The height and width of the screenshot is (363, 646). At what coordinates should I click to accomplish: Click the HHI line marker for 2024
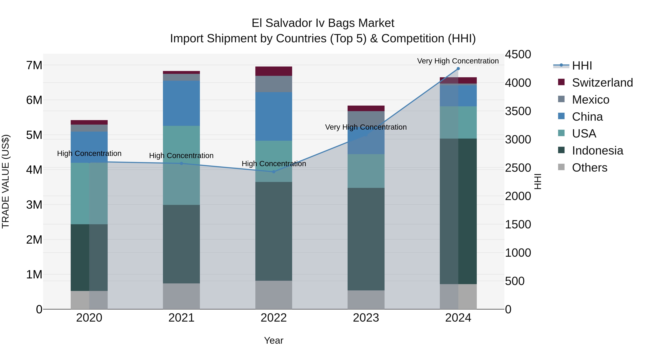[x=458, y=69]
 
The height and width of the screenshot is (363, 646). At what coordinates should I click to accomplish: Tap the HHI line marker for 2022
[x=274, y=172]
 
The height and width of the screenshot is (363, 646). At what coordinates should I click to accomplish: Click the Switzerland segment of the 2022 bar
[x=274, y=71]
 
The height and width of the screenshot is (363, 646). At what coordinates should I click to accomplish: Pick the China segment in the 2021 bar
[x=181, y=103]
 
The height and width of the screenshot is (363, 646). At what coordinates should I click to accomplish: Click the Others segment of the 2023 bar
[x=366, y=300]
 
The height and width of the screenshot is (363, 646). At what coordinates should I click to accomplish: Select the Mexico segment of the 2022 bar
[x=274, y=84]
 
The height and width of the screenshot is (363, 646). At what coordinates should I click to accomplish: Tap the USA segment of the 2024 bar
[x=458, y=122]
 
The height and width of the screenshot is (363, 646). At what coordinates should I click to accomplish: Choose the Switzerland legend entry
[x=602, y=83]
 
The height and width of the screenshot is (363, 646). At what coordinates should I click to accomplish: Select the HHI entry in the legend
[x=582, y=66]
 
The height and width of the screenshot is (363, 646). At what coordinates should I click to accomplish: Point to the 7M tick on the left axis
[x=34, y=65]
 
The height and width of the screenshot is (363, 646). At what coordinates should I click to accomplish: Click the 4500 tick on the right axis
[x=518, y=54]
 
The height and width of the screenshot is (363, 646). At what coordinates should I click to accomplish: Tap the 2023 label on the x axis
[x=366, y=318]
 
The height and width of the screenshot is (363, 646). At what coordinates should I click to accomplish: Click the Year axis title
[x=274, y=340]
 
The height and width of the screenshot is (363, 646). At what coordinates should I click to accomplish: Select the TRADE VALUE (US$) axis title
[x=6, y=181]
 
